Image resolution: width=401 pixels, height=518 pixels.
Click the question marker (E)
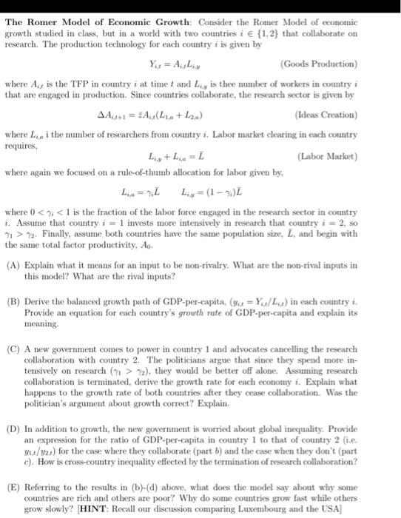pyautogui.click(x=13, y=482)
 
